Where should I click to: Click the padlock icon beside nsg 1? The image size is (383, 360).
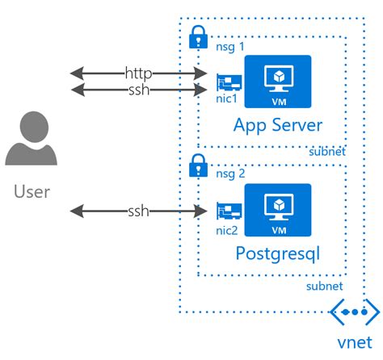click(196, 37)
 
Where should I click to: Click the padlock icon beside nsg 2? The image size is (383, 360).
click(196, 167)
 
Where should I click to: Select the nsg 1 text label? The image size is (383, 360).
click(228, 49)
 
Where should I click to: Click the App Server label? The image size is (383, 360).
click(277, 125)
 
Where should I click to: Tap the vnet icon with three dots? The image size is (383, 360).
click(354, 312)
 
